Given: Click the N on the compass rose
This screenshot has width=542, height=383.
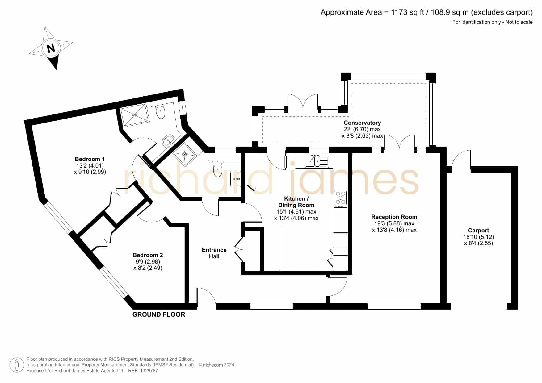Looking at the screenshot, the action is point(51,48).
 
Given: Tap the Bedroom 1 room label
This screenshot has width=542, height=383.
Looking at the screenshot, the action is point(90,159).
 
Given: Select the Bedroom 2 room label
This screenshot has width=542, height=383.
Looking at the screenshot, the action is point(148,255).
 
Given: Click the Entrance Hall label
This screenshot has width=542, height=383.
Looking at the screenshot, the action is point(214,253).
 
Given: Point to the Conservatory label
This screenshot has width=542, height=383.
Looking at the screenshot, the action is point(362,123).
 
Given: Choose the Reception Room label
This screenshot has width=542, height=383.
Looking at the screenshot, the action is point(394,217).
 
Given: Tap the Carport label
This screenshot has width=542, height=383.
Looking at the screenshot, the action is point(478,231).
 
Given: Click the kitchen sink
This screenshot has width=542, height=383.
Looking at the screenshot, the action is point(317,161).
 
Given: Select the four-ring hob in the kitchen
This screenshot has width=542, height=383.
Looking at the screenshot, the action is point(341,199).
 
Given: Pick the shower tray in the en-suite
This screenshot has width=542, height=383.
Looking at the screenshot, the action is point(134,114).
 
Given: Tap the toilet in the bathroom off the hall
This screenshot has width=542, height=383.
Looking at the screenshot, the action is point(218,169).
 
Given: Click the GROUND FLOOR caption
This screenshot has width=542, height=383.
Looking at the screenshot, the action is point(159,314).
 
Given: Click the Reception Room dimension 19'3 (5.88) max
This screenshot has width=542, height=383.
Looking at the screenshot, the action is point(394,223).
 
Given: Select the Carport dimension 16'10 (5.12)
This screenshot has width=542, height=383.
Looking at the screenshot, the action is point(479,237).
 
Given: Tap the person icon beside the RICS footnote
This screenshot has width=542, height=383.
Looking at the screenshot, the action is point(17,365).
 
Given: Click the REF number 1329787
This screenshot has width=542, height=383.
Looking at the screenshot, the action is point(149,371).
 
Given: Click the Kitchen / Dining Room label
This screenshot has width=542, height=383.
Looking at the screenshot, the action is point(296,202).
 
